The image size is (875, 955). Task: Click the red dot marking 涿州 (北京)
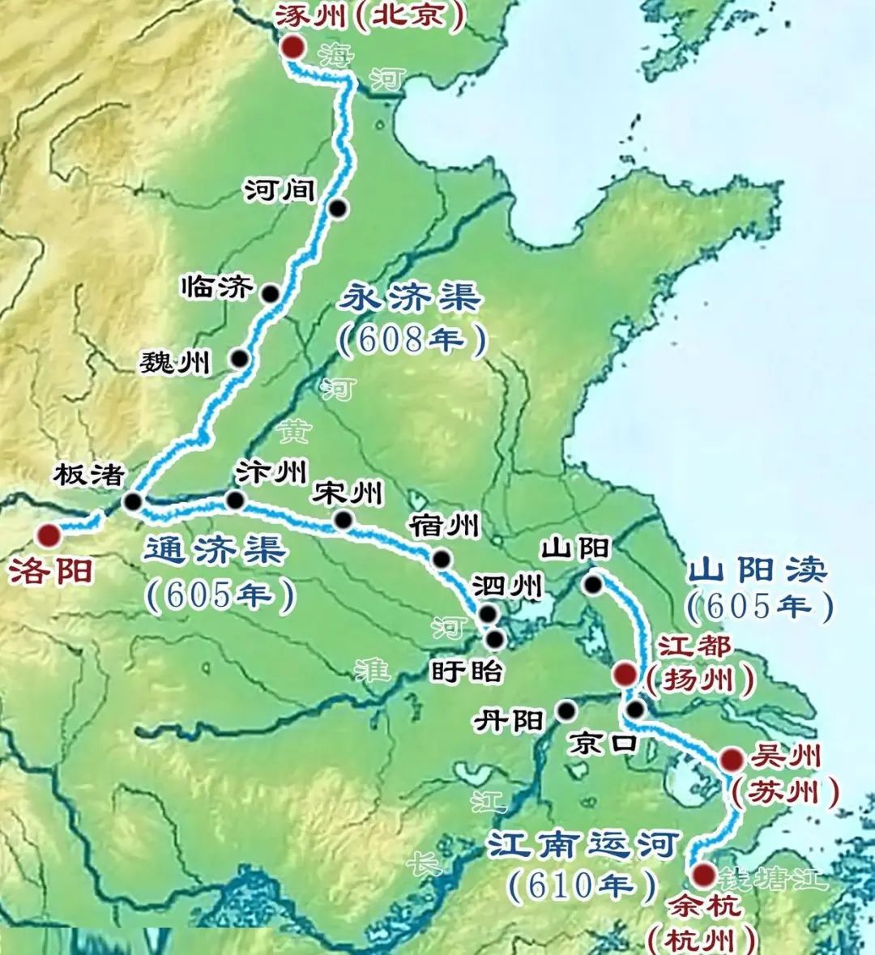pyautogui.click(x=292, y=48)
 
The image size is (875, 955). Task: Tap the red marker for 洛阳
pyautogui.click(x=49, y=535)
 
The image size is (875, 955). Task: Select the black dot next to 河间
pyautogui.click(x=338, y=208)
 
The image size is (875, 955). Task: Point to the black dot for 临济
pyautogui.click(x=271, y=293)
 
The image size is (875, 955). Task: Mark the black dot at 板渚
pyautogui.click(x=133, y=502)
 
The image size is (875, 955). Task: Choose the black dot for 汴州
pyautogui.click(x=235, y=501)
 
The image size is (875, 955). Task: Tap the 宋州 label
pyautogui.click(x=349, y=492)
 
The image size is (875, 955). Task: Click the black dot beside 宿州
pyautogui.click(x=442, y=558)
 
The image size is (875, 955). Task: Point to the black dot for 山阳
pyautogui.click(x=593, y=583)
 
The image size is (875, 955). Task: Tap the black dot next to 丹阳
pyautogui.click(x=566, y=711)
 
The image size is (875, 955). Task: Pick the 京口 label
pyautogui.click(x=603, y=744)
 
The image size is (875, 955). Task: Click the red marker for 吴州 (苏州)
pyautogui.click(x=731, y=759)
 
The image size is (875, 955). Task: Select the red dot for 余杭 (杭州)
pyautogui.click(x=702, y=875)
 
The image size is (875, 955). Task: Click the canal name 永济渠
pyautogui.click(x=410, y=299)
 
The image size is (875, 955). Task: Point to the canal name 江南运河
pyautogui.click(x=582, y=846)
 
